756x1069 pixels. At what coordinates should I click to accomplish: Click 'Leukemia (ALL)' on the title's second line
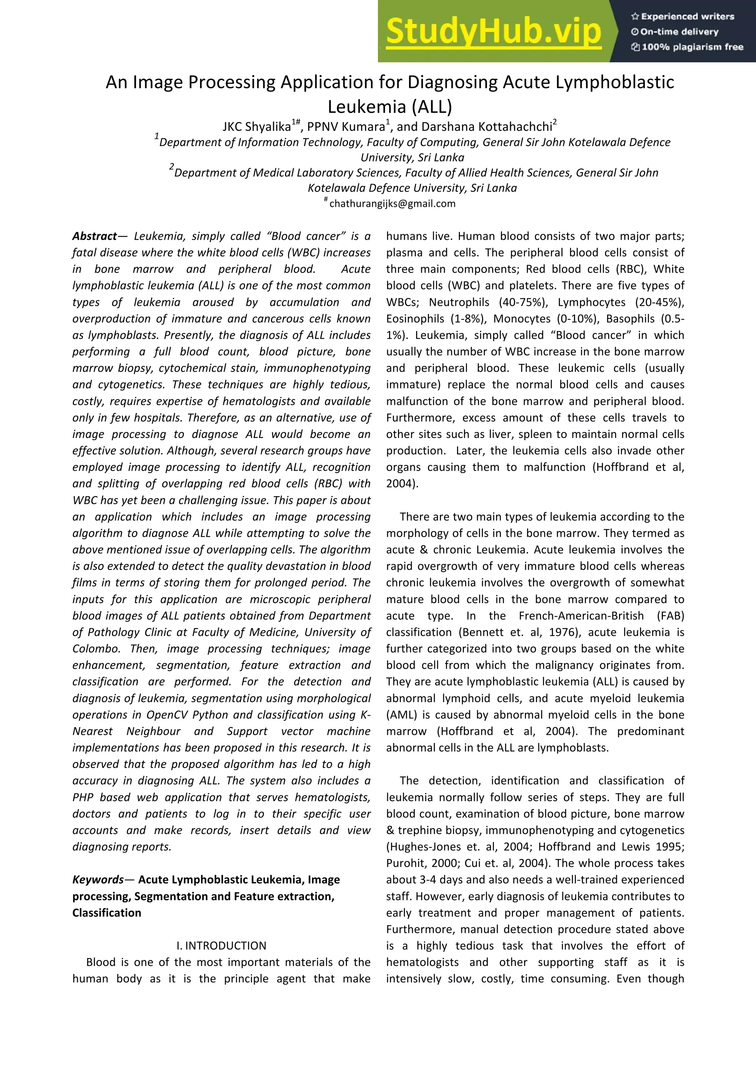coord(390,107)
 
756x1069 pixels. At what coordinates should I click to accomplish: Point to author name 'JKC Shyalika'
coord(257,127)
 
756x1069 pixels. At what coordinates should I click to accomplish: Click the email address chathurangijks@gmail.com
coord(392,204)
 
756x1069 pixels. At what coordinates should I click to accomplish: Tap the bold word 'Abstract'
coord(94,236)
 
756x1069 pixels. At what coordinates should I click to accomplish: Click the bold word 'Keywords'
coord(98,879)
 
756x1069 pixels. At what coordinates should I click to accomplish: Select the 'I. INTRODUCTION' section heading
coord(221,946)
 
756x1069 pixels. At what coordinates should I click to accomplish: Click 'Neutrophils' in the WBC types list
coord(459,302)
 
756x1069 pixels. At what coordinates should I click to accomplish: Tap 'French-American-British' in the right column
coord(581,616)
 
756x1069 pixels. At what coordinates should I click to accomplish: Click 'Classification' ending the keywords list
coord(107,913)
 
